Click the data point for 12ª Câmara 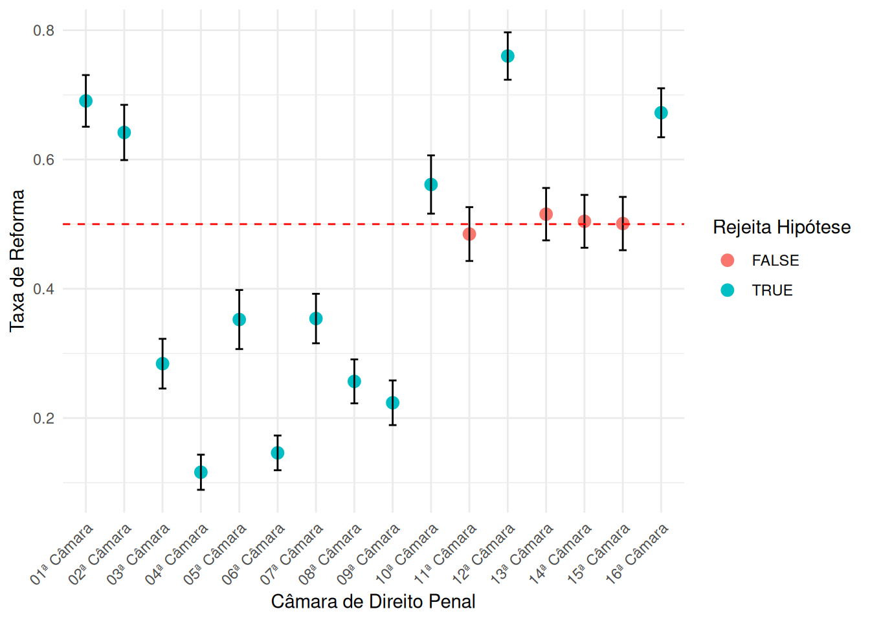click(507, 56)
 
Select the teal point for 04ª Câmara click(201, 472)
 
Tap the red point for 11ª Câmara click(469, 234)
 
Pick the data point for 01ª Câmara click(85, 101)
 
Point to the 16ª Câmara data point click(661, 113)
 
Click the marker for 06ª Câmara click(278, 453)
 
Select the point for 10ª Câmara click(431, 185)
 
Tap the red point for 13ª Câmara click(546, 214)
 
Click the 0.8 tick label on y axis click(44, 30)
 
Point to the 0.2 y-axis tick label click(44, 418)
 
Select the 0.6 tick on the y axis click(44, 160)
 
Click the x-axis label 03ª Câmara click(139, 555)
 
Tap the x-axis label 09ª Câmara click(368, 555)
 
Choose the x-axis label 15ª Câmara click(599, 555)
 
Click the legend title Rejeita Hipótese click(781, 227)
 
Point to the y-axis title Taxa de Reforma click(17, 260)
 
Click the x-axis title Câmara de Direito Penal click(373, 602)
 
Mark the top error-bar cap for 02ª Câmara click(124, 105)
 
